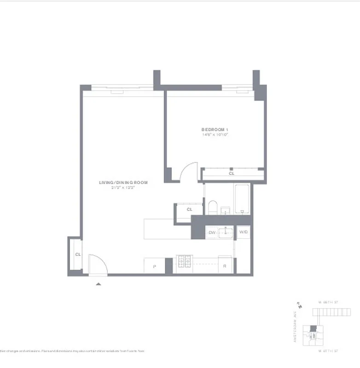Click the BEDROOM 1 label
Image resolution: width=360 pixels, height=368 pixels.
pyautogui.click(x=215, y=129)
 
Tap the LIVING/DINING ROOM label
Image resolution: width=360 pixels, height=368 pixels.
pyautogui.click(x=123, y=183)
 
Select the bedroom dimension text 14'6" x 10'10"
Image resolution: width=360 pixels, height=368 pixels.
pyautogui.click(x=215, y=135)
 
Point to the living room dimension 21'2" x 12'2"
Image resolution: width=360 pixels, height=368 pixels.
pyautogui.click(x=123, y=188)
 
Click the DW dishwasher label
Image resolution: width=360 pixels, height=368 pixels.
pyautogui.click(x=212, y=233)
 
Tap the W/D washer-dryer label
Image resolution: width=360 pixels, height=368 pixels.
pyautogui.click(x=243, y=232)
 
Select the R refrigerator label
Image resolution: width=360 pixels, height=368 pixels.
pyautogui.click(x=225, y=266)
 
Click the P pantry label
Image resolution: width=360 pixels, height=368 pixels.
pyautogui.click(x=154, y=266)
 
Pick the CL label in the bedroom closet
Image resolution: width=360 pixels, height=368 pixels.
pyautogui.click(x=232, y=173)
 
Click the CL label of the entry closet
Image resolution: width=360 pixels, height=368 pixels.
pyautogui.click(x=78, y=254)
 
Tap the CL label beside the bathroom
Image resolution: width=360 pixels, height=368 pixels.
pyautogui.click(x=189, y=209)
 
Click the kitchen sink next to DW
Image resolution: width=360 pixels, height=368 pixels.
pyautogui.click(x=226, y=233)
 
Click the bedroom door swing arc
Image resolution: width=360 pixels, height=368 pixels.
pyautogui.click(x=189, y=172)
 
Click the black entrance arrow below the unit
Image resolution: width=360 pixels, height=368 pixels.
pyautogui.click(x=98, y=284)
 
